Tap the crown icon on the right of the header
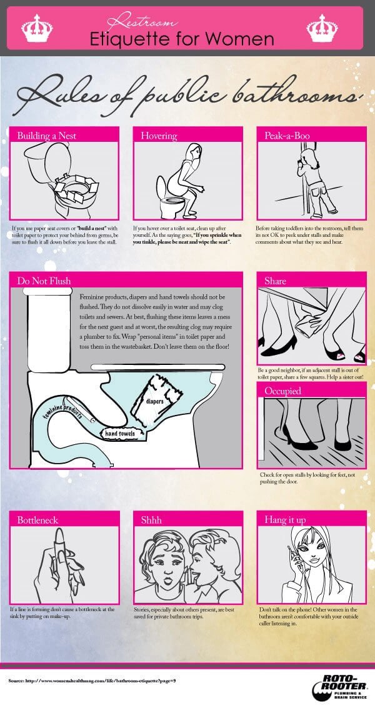click(323, 28)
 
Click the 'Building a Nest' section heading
click(47, 135)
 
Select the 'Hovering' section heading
click(159, 135)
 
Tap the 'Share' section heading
click(276, 281)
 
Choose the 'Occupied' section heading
click(282, 391)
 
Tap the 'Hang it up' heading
click(286, 519)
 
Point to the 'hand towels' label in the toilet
click(121, 432)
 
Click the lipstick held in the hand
click(60, 547)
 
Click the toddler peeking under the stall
click(311, 175)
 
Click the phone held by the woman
click(291, 556)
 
